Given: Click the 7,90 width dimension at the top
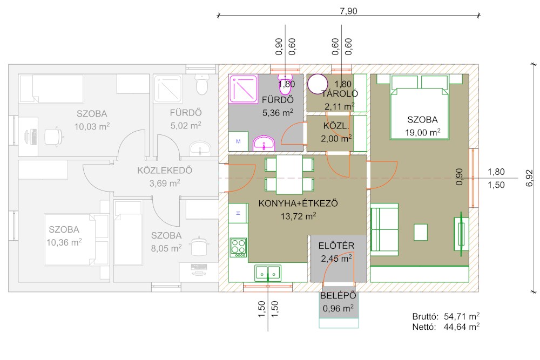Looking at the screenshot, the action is point(348,11).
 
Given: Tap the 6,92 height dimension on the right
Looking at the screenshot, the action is point(530,178).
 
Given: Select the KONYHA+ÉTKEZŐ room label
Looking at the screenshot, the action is point(298,203).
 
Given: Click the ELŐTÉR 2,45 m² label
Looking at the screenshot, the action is point(336,252).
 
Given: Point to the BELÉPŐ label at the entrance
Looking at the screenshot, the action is point(338,296).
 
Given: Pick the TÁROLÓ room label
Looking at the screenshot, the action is point(340,93).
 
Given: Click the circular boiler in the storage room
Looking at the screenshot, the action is point(318,84).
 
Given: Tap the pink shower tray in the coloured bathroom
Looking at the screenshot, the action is point(243,89).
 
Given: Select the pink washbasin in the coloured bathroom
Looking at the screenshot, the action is point(264,143).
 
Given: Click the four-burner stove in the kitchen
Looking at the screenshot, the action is point(238,247).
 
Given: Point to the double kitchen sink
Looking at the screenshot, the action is point(268,273).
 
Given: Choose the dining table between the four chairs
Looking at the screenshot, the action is point(289,175).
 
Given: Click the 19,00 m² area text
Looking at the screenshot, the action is point(423,133).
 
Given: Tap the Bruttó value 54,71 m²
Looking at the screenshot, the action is point(462,316).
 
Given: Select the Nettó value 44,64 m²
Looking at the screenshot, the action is point(462,327).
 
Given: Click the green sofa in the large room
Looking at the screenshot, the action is point(384,229).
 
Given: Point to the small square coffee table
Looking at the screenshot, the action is point(421,232).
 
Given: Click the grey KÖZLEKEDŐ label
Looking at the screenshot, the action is point(165,171).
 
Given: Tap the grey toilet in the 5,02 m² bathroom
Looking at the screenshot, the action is point(202,84).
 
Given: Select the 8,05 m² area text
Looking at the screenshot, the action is point(166,248).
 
